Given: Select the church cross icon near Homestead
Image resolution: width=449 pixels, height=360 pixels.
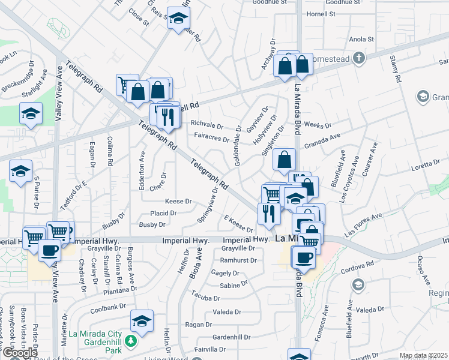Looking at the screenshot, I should coord(359,58).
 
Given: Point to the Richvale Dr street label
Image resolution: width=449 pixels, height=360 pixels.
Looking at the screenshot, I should coord(206,124).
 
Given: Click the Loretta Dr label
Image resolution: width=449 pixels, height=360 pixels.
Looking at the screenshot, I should coord(426,163).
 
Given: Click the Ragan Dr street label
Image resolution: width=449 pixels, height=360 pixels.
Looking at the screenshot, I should coord(196,325).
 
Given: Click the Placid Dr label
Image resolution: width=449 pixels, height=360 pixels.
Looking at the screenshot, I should coord(163,213).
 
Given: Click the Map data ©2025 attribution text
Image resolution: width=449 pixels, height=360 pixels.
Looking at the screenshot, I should coord(424,356).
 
